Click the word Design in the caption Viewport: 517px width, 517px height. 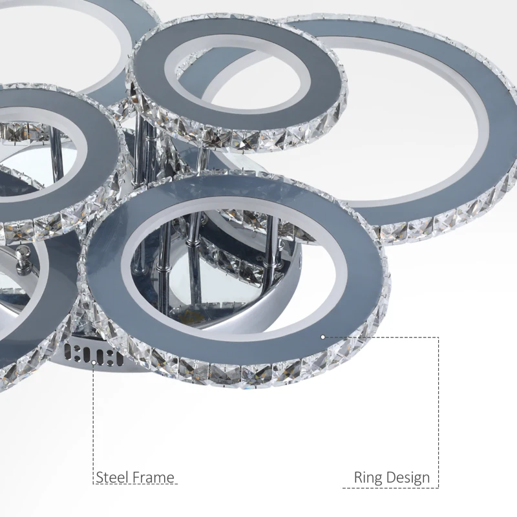[408, 478]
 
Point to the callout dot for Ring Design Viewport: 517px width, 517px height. [322, 337]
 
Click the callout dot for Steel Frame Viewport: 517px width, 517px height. [94, 363]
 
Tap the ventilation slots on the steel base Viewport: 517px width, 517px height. [94, 355]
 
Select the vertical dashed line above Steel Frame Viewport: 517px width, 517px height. [94, 420]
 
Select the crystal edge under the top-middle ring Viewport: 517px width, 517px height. [258, 139]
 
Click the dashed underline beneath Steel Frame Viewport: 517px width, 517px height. [136, 485]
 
